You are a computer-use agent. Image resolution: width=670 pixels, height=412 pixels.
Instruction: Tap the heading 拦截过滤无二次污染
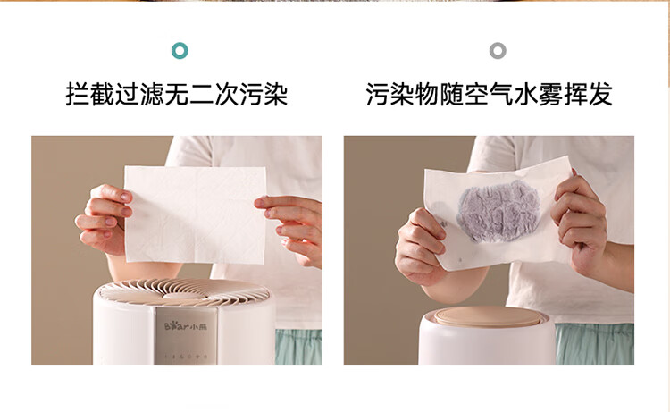[177, 94]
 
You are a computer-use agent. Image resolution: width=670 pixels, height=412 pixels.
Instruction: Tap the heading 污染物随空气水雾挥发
[490, 94]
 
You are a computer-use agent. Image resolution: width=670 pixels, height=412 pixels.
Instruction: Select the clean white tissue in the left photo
[196, 214]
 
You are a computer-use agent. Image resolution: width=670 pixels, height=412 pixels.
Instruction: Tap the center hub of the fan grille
[185, 296]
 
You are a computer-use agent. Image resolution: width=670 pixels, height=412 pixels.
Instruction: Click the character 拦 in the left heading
[78, 94]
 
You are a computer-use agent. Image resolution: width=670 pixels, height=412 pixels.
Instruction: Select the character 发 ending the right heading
[601, 94]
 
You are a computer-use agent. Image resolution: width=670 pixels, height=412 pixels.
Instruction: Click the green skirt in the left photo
[298, 346]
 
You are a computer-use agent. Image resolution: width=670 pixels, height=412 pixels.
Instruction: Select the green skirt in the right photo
[594, 343]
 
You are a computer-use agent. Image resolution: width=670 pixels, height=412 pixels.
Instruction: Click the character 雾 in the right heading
[551, 94]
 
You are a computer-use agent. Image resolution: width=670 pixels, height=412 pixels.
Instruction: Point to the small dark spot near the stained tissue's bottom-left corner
[460, 259]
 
